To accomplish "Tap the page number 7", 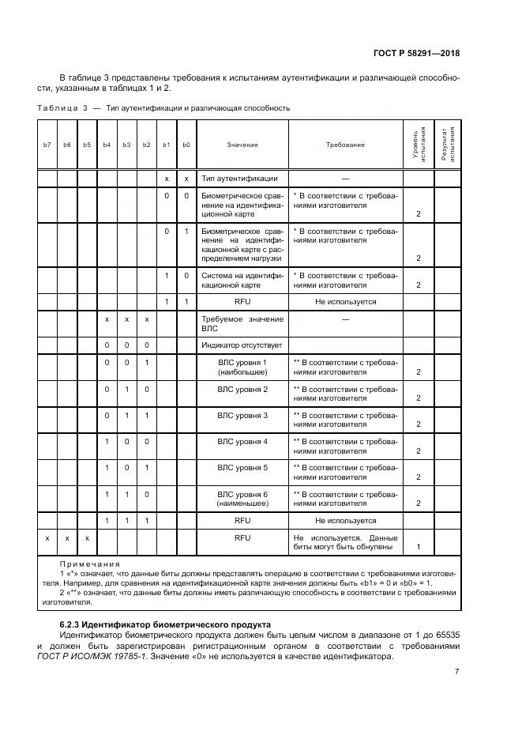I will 456,671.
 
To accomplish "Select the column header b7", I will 47,145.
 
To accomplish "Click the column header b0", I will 186,145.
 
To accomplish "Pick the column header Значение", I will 242,145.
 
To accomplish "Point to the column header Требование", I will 345,145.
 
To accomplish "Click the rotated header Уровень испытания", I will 419,145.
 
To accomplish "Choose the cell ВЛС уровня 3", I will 242,415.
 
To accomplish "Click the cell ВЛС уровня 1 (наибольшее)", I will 242,367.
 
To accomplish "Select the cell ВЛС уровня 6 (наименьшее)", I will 242,498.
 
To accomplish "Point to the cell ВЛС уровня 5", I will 242,467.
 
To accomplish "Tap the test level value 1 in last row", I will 418,546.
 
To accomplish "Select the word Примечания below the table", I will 89,564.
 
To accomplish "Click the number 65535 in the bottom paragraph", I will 445,635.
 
